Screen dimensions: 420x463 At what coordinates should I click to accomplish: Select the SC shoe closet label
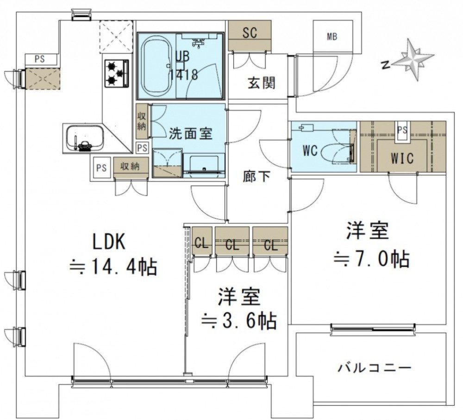click(250, 32)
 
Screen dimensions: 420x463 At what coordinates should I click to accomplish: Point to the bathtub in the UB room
click(155, 66)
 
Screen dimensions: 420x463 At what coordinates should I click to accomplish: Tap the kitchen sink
click(83, 138)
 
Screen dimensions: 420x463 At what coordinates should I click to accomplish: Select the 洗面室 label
click(190, 134)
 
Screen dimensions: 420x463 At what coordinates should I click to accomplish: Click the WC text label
click(310, 151)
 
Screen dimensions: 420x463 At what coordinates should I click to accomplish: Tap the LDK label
click(109, 242)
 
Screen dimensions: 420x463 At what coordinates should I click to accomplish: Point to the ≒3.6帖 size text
click(238, 319)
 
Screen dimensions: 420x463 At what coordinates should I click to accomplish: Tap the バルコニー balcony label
click(374, 368)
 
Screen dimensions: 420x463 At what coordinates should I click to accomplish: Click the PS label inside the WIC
click(402, 130)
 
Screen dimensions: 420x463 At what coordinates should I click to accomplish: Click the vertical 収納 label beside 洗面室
click(142, 121)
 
